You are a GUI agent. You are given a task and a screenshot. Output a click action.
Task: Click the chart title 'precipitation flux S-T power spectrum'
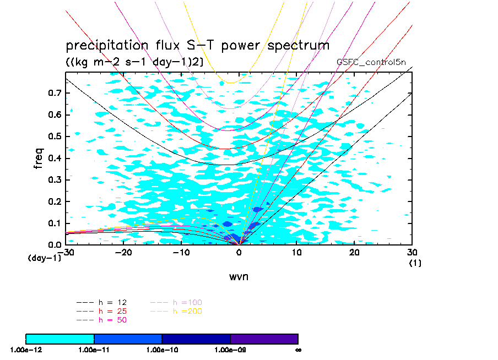click(x=197, y=45)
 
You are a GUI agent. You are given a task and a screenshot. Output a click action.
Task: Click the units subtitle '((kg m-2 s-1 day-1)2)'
click(x=134, y=62)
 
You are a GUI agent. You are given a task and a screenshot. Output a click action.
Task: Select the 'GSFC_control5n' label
click(x=371, y=62)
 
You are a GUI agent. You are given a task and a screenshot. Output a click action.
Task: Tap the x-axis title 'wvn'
click(x=239, y=276)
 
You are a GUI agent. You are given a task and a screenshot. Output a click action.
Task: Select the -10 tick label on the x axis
click(x=181, y=253)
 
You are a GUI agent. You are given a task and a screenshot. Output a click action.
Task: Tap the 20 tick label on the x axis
click(x=354, y=253)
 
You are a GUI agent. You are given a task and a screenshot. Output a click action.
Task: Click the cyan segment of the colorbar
click(x=60, y=339)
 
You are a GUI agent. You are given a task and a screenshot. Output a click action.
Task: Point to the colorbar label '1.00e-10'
click(x=161, y=350)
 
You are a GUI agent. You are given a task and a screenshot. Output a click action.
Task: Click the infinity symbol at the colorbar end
click(x=297, y=350)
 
